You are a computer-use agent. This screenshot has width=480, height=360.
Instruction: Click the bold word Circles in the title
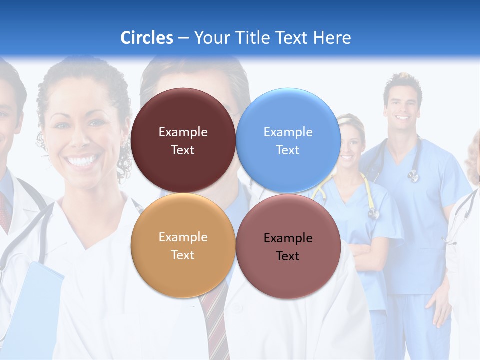point(147,38)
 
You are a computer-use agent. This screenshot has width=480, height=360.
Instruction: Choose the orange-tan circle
point(183,272)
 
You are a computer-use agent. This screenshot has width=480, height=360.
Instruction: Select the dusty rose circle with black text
point(288,275)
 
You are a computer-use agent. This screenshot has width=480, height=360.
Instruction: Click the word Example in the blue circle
point(288,132)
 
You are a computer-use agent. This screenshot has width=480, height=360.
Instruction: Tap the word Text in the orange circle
point(183,255)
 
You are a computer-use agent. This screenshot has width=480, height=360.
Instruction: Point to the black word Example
point(288,238)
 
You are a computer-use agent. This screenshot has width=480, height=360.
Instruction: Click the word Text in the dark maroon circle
point(183,150)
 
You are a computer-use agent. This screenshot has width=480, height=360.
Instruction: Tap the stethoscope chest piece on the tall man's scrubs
point(413,175)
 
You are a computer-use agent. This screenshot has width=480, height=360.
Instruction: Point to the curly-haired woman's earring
point(123,146)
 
